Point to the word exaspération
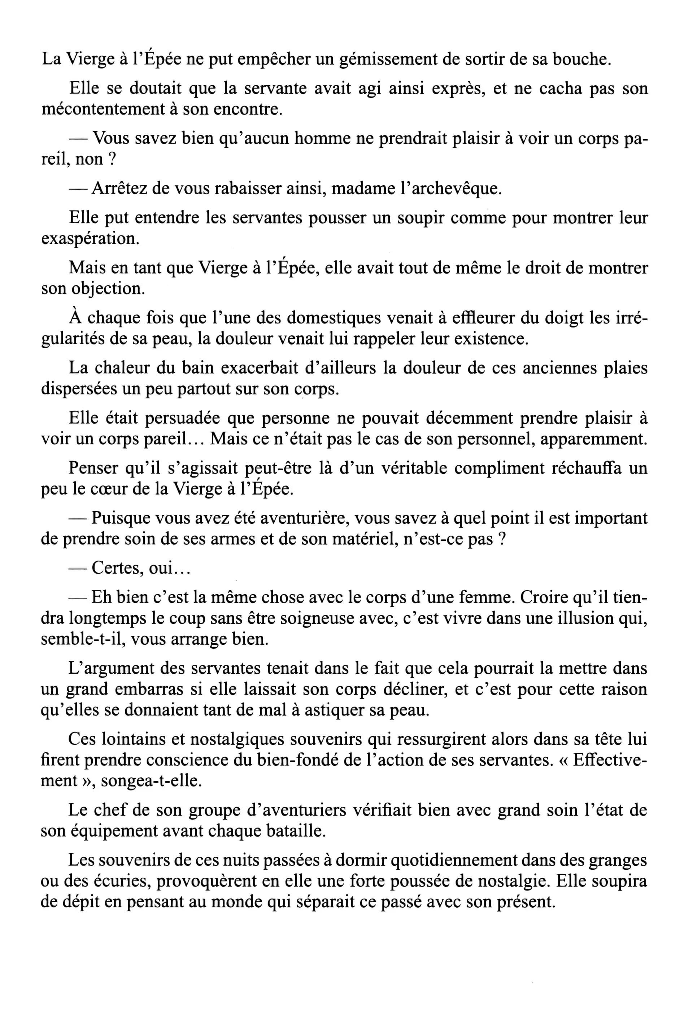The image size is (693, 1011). tap(91, 239)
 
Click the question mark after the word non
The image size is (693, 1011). tap(112, 160)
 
